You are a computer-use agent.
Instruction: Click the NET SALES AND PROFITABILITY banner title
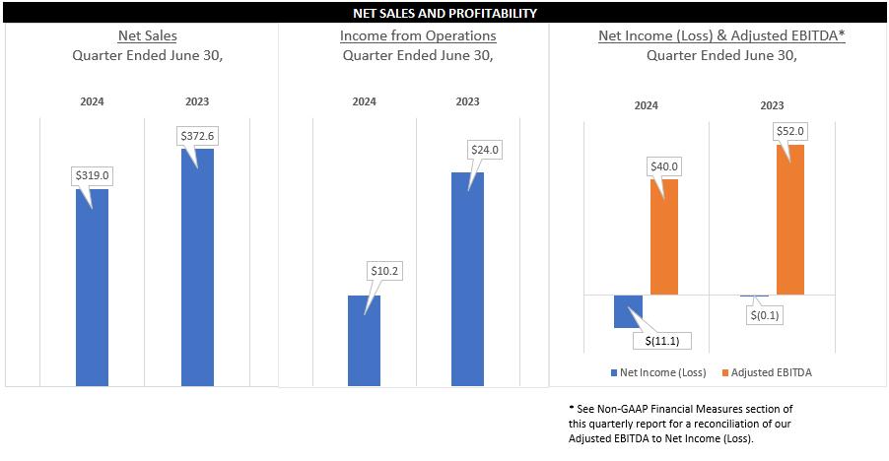tap(444, 14)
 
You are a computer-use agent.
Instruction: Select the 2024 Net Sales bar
tap(92, 296)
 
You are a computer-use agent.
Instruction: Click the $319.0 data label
tap(92, 175)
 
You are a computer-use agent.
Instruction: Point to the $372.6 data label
tap(196, 135)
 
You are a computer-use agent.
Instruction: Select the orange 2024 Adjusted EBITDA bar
tap(664, 236)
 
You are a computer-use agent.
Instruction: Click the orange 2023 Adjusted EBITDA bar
tap(790, 220)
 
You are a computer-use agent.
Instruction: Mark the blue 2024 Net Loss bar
tap(628, 310)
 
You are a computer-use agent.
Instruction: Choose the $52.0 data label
tap(789, 131)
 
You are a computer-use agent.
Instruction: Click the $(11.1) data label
tap(661, 341)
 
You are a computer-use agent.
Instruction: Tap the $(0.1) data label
tap(766, 315)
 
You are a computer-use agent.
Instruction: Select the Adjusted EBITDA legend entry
tap(768, 372)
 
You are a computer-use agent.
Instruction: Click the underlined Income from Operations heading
tap(418, 35)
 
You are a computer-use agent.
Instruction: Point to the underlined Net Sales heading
tap(147, 35)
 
